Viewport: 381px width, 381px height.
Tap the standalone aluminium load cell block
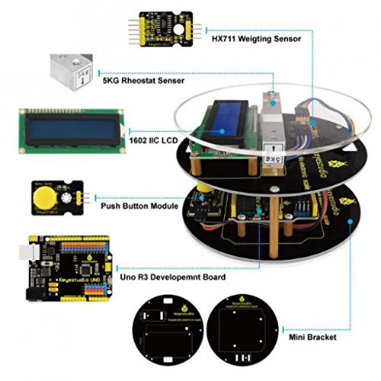pos(70,73)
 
